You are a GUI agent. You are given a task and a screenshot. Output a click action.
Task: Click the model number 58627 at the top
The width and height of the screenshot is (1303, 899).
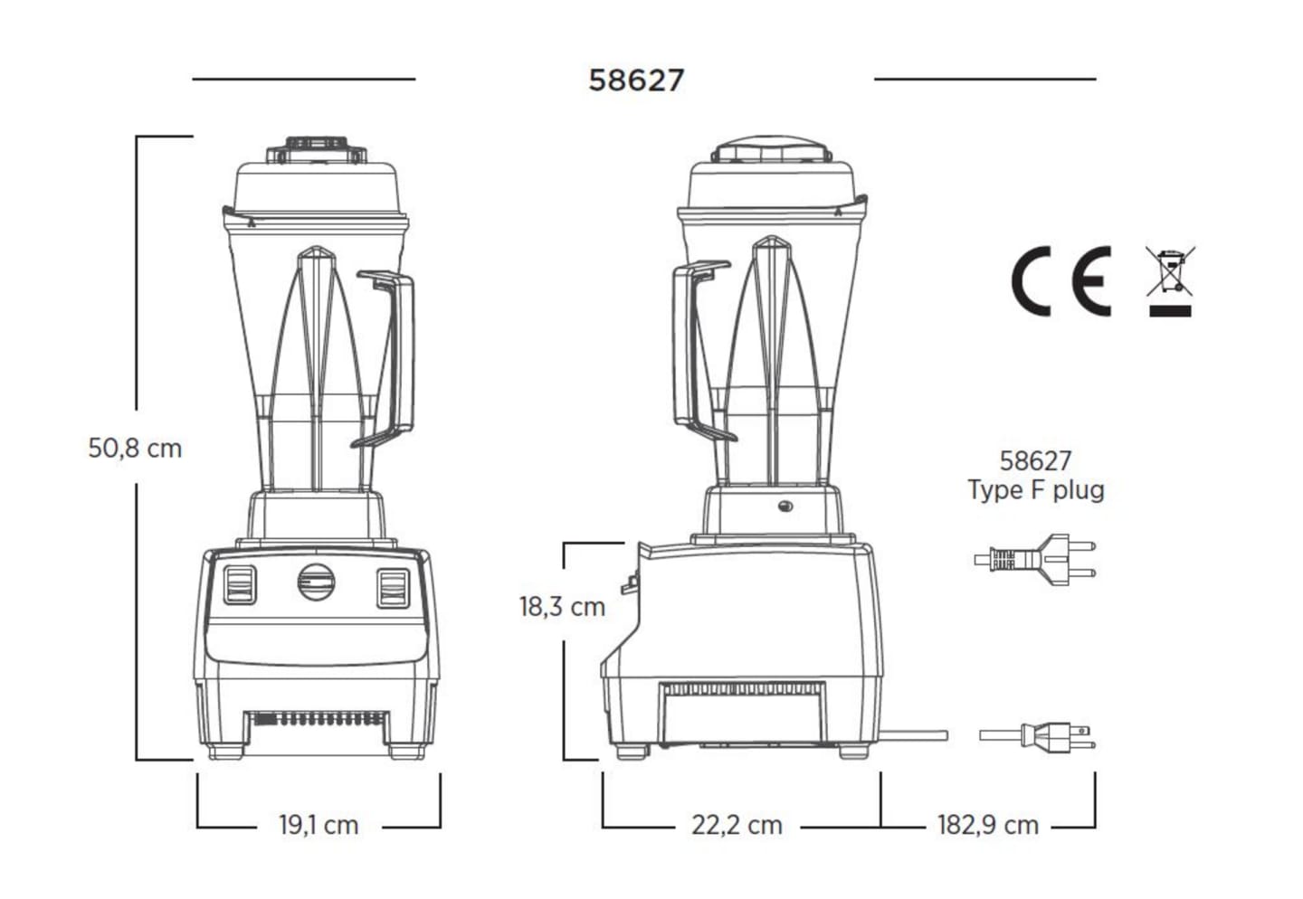(636, 80)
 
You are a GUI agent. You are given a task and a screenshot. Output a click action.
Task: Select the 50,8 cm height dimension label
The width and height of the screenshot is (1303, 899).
(135, 449)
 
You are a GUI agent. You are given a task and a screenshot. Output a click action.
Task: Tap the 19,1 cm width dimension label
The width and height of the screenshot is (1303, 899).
(319, 825)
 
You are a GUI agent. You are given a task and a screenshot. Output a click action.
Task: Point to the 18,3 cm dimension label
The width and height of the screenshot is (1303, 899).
(563, 607)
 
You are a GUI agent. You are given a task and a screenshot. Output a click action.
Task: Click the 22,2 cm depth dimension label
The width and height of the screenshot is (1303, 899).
(737, 825)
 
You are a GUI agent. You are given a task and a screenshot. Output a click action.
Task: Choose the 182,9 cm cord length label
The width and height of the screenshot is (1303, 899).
(988, 825)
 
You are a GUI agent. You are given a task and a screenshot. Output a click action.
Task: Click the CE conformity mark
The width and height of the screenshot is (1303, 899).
(1061, 281)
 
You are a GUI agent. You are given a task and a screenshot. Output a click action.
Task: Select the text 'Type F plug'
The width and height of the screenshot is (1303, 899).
(1036, 489)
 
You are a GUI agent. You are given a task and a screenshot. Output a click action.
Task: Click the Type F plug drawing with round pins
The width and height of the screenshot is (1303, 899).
(1035, 560)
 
